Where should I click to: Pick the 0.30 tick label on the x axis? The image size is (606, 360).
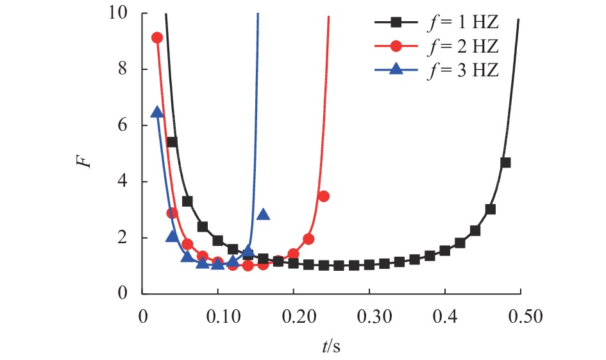pos(369,317)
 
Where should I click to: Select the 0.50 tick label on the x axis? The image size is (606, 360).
pos(520,317)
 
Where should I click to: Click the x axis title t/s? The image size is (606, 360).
pos(332,347)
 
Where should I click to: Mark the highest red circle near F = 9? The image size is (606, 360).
pos(156,38)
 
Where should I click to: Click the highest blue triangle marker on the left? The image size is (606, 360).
pos(156,112)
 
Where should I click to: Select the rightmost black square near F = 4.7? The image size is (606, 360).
pos(505,162)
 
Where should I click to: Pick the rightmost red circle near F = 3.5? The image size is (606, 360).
pos(323,196)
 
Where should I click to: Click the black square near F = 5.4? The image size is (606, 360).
pos(172,142)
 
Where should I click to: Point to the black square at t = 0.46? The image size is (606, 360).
pos(490,209)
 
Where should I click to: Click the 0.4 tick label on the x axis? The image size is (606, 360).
pos(444,317)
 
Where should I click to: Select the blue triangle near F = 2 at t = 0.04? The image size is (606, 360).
pos(172,236)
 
